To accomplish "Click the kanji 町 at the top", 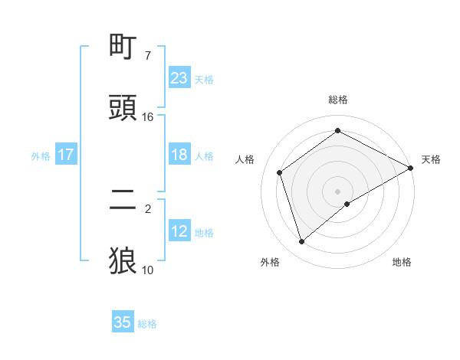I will point(123,48).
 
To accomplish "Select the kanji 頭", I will point(123,107).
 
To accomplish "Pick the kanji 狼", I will point(123,260).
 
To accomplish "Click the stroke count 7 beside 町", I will point(147,56).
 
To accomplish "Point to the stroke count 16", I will point(148,116).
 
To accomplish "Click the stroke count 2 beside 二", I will point(147,208).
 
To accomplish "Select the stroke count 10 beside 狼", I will point(148,270).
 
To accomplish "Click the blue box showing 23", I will point(179,77).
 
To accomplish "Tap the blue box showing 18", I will point(179,154).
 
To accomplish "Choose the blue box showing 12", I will point(179,231).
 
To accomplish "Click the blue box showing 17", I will point(65,155).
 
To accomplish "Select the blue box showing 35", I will point(123,322).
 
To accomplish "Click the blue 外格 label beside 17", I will point(41,155).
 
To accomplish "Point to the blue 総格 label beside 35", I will point(147,324).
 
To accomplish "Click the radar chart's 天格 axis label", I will point(431,159).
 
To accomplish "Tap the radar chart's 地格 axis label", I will point(402,262).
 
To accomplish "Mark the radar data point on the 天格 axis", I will point(411,168).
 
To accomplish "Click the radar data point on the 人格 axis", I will point(280,172).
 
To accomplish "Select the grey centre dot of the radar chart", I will point(337,191).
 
